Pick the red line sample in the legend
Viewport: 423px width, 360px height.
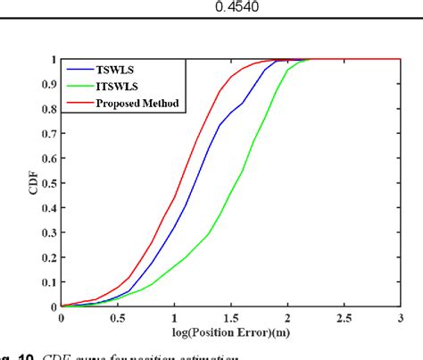(82, 103)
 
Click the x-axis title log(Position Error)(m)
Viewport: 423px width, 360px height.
(231, 337)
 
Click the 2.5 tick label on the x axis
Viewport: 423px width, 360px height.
(344, 318)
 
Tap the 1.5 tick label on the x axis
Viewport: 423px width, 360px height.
(230, 318)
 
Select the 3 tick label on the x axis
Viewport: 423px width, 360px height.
(400, 318)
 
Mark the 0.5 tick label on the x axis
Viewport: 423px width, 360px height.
(117, 318)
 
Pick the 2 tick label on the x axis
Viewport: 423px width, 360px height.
(286, 318)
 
